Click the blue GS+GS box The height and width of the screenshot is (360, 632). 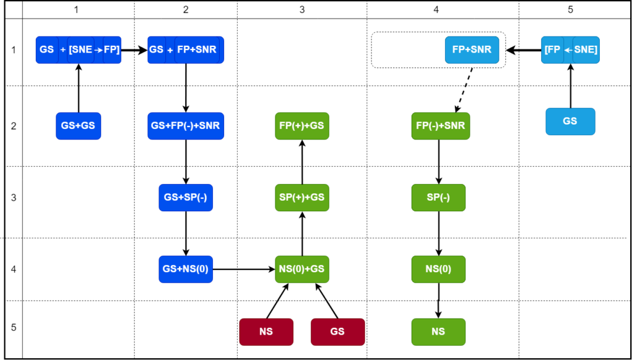click(x=78, y=126)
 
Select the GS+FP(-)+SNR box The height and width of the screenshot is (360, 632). click(x=186, y=126)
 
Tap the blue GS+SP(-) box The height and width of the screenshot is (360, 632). click(x=186, y=198)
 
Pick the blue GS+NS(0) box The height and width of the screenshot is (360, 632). click(x=186, y=269)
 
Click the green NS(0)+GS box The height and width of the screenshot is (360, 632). click(x=302, y=269)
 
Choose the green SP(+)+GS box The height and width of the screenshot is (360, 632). click(x=302, y=198)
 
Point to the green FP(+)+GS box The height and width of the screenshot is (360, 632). click(x=302, y=126)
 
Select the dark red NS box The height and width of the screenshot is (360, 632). click(x=266, y=332)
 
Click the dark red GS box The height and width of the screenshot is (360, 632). click(x=338, y=332)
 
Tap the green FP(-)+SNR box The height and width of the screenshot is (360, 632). click(x=441, y=126)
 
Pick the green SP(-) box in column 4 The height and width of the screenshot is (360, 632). click(x=438, y=198)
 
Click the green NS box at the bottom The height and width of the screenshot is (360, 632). click(x=438, y=332)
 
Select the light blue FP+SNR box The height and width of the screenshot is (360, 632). click(x=472, y=50)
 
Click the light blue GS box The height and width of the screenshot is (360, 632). click(x=570, y=122)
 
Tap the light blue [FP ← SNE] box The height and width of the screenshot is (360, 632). click(x=570, y=50)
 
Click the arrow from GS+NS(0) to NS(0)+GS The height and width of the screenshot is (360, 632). click(x=244, y=269)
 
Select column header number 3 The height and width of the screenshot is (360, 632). click(x=301, y=10)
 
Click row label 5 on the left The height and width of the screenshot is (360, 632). click(x=14, y=327)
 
